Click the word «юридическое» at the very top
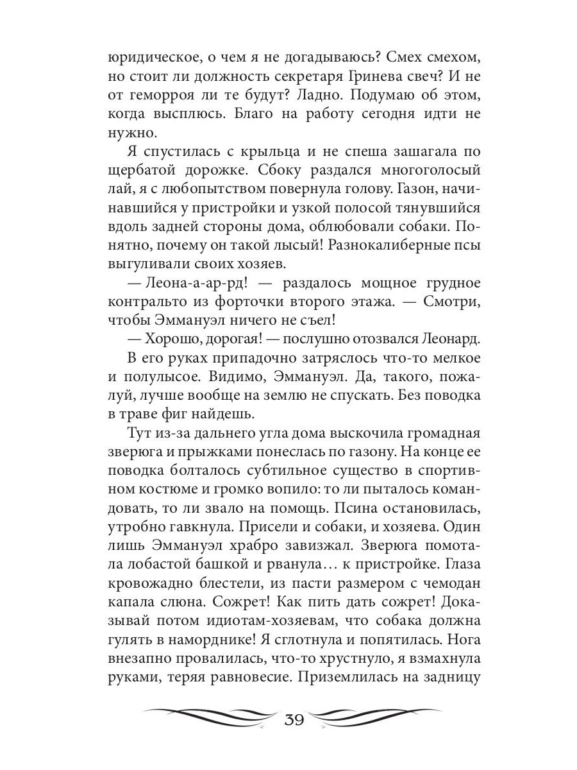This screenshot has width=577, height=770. (146, 58)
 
